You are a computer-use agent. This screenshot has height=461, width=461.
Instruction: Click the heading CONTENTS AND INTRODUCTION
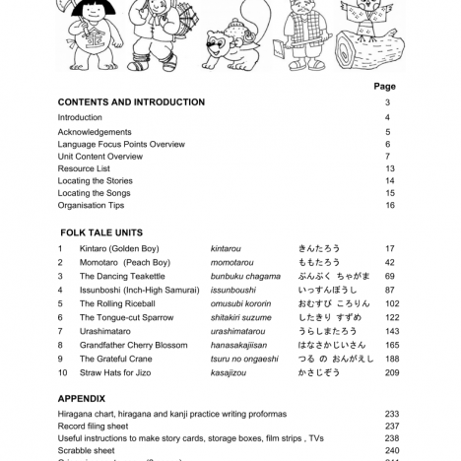click(131, 102)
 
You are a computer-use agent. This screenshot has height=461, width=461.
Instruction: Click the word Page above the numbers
click(385, 87)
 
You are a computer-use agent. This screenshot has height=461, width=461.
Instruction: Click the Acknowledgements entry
click(95, 132)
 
